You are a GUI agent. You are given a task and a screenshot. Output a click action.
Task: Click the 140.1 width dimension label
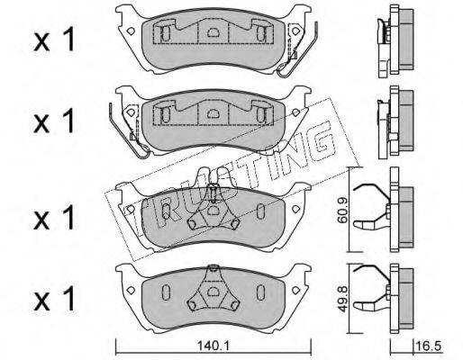tap(213, 346)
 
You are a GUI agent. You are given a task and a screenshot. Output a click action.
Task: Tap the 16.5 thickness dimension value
tap(429, 346)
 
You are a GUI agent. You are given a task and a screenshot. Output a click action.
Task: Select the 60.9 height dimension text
tap(342, 211)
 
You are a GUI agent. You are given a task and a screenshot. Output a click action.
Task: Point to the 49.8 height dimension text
tap(342, 299)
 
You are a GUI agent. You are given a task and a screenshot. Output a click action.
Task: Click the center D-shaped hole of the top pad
tap(213, 31)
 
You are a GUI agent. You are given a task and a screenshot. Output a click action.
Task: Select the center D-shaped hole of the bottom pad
tap(213, 292)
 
